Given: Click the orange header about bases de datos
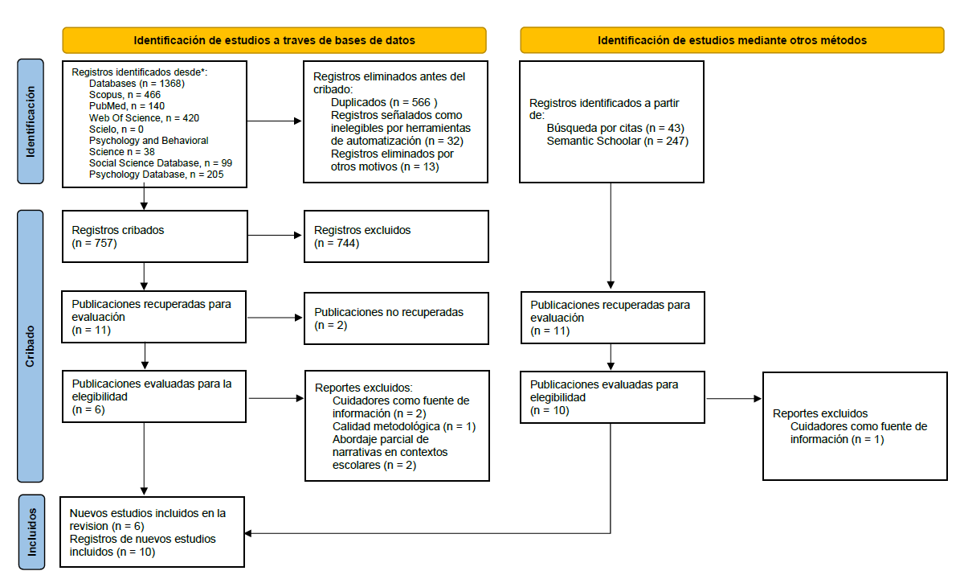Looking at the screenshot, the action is (274, 40).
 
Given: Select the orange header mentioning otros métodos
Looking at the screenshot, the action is (732, 40).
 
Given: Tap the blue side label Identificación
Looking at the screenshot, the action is (31, 121).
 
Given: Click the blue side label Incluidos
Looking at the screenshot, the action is (31, 532).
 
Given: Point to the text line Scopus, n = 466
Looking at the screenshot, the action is (125, 95).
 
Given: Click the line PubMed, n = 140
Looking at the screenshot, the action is (127, 106).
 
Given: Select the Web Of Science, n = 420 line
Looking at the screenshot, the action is (144, 117).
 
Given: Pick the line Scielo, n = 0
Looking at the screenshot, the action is (116, 129).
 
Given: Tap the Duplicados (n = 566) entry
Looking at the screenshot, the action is (384, 102).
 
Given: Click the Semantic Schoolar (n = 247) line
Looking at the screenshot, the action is (618, 141).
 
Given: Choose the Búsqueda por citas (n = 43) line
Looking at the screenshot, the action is (615, 128).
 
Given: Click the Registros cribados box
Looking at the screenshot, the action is (155, 236).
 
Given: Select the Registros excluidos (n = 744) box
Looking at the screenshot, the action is (396, 236).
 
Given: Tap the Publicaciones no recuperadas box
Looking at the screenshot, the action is (396, 318).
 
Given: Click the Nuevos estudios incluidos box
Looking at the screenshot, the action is (153, 532).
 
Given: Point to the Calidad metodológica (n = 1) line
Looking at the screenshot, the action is (404, 427).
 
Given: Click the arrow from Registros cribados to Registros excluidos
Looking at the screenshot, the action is (275, 236).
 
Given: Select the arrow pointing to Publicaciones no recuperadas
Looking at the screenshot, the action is (275, 318).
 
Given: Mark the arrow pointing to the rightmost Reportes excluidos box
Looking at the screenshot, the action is (733, 398).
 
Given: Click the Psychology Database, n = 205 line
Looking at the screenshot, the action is (156, 175).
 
